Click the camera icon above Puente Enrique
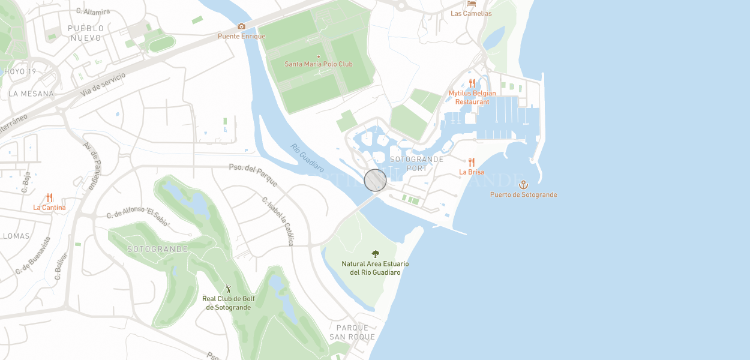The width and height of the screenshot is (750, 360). tap(241, 26)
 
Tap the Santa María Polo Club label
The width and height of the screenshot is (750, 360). tap(318, 64)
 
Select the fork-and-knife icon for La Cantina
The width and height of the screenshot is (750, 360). tap(49, 197)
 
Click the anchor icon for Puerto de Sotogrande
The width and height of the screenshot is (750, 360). tap(523, 184)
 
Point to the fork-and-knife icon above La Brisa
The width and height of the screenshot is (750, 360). tap(472, 162)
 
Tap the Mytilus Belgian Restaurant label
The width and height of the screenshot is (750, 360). tap(472, 97)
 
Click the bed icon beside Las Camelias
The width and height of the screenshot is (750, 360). tap(471, 4)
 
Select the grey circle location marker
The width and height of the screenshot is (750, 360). tap(376, 181)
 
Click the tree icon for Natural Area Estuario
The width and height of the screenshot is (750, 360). tap(376, 254)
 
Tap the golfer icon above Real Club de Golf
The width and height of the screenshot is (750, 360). tap(228, 289)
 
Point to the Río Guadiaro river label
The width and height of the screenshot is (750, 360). tap(307, 158)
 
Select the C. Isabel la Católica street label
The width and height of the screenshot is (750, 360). tap(278, 221)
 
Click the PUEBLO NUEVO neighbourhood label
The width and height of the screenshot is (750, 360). tap(86, 33)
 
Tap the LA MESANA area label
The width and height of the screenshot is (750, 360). tap(31, 94)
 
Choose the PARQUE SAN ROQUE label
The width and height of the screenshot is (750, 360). tap(352, 332)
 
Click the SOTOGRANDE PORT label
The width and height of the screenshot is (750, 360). tap(417, 164)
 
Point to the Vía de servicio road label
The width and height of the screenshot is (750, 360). tap(103, 85)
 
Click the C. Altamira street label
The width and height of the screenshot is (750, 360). tap(93, 11)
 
